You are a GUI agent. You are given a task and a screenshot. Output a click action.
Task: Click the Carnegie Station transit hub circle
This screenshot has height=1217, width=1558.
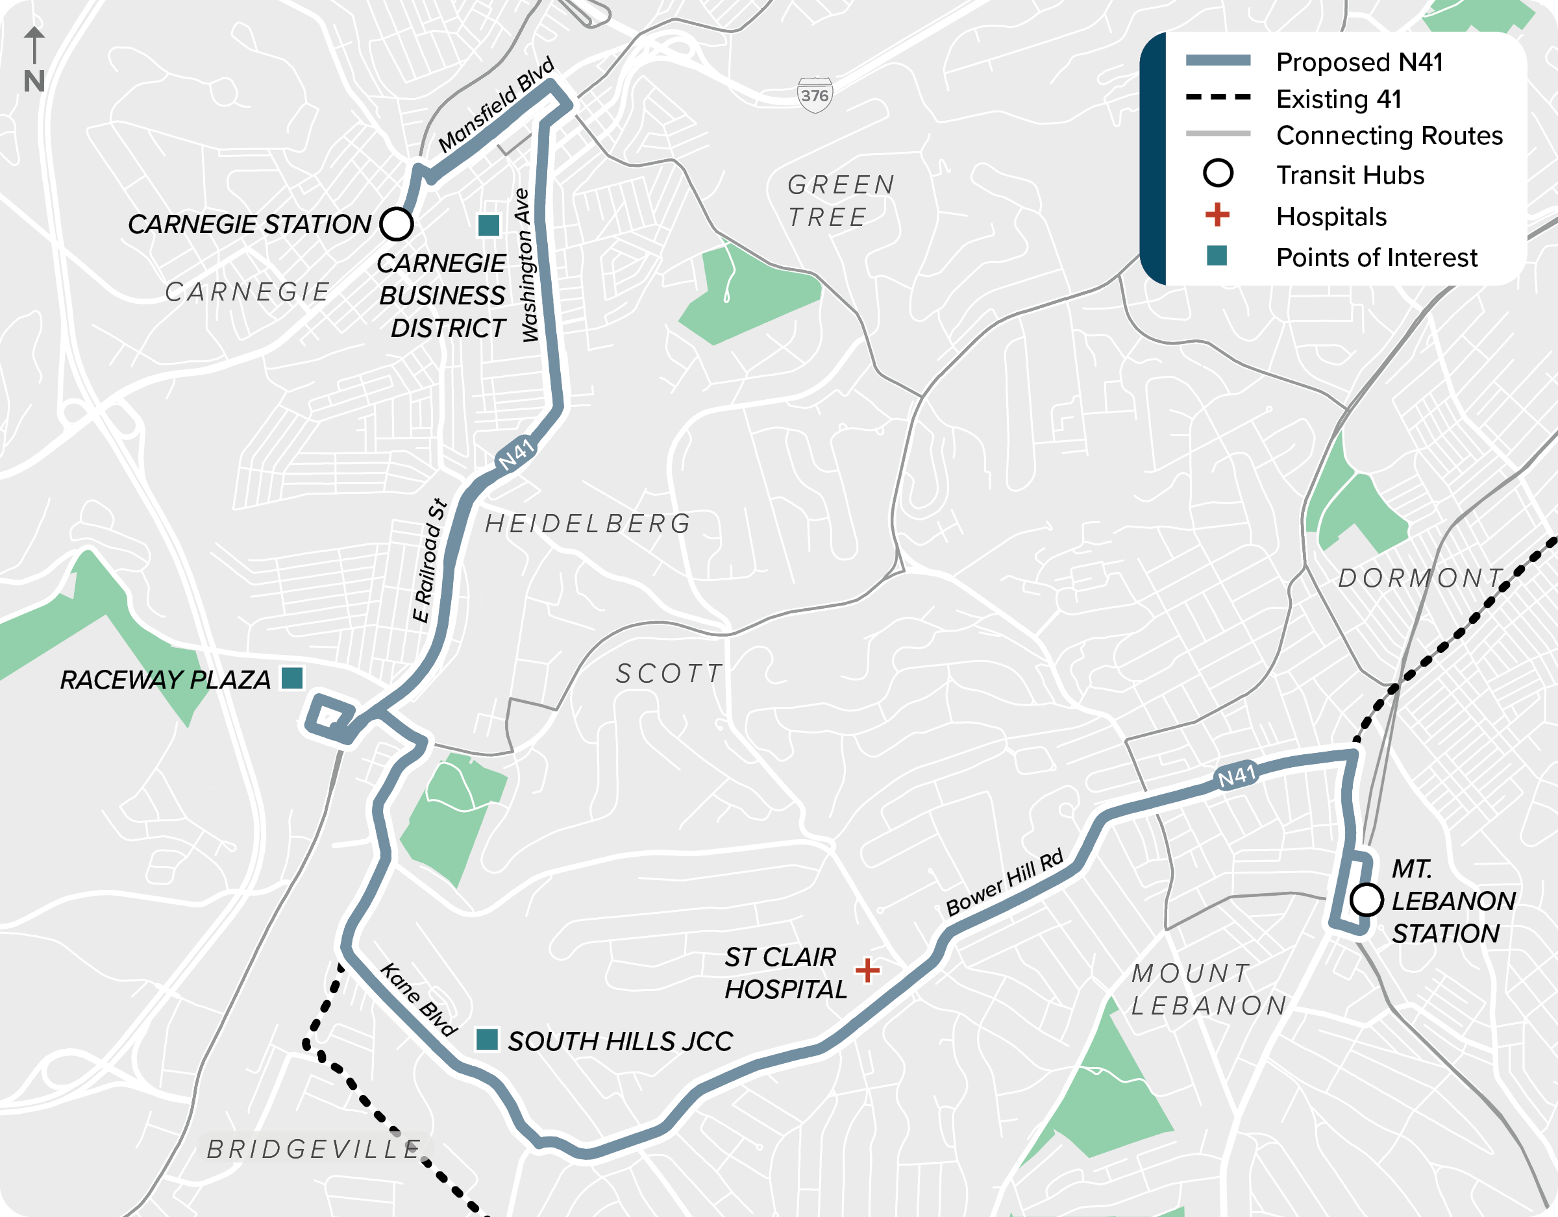point(397,224)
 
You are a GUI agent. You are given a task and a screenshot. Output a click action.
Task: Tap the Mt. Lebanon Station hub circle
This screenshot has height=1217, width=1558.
point(1366,900)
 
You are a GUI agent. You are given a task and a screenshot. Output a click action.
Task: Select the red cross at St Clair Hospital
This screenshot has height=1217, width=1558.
point(867,970)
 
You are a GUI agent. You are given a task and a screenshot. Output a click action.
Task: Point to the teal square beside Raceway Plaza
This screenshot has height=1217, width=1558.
point(291,678)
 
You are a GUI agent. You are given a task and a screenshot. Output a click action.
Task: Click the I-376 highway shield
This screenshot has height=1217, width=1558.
point(814,95)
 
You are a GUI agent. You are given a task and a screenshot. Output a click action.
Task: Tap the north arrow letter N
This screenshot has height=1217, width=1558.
point(34,81)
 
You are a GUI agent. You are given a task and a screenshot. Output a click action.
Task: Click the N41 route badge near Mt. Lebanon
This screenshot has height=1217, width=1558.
point(1236,776)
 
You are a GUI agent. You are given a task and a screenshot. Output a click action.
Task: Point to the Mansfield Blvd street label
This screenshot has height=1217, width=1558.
point(496,105)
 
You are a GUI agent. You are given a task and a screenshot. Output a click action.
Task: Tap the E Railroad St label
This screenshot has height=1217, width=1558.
point(430,561)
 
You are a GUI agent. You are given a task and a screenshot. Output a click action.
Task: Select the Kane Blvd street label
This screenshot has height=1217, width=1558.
point(418,999)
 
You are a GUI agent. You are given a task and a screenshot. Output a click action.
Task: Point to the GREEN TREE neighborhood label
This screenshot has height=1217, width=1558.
point(841,201)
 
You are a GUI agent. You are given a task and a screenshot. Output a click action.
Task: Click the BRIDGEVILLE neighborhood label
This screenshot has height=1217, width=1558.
point(314,1149)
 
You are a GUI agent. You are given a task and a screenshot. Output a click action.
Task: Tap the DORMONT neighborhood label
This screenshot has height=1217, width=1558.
point(1420,578)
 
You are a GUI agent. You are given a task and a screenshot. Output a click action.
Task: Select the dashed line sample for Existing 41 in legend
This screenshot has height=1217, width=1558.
point(1218,97)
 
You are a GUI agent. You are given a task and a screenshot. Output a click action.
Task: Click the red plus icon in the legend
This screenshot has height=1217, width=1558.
point(1217,214)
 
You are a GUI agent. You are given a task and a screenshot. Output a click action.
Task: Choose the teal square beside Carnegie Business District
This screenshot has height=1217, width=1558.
point(488,225)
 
